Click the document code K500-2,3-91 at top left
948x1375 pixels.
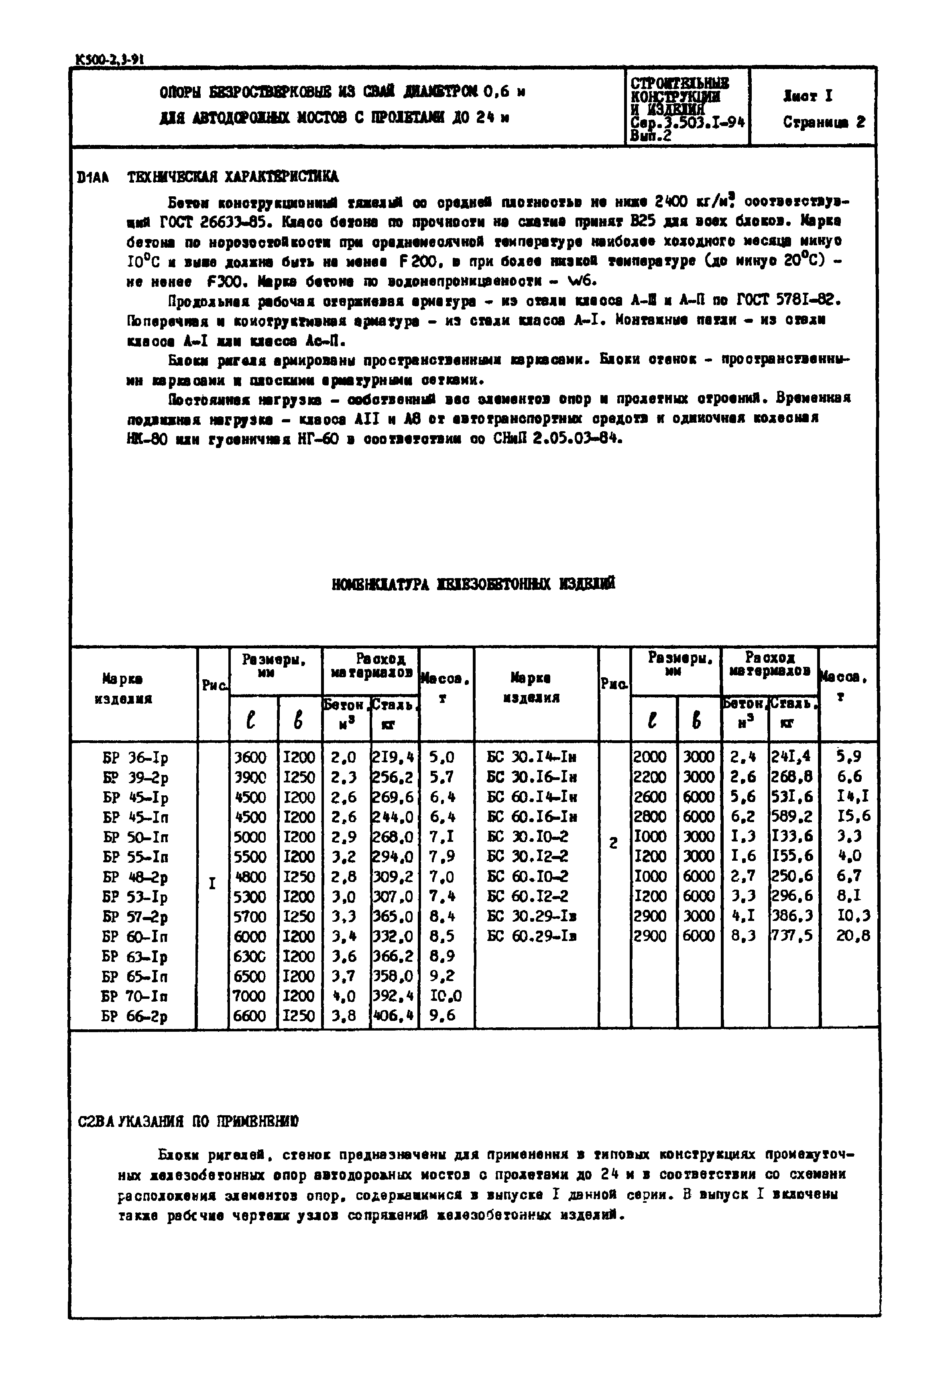coord(110,59)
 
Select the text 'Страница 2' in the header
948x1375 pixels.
coord(824,122)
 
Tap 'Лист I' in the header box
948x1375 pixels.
coord(808,96)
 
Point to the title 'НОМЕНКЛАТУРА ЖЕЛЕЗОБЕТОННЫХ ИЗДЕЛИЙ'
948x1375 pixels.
coord(474,584)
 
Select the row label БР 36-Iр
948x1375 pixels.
coord(135,758)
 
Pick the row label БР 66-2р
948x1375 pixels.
coord(135,1016)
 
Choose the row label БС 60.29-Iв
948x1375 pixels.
coord(532,937)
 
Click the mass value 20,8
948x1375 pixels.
coord(853,937)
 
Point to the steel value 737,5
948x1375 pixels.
coord(792,937)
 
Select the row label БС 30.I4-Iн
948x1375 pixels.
coord(532,757)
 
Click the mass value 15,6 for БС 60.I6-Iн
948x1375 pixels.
coord(853,817)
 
